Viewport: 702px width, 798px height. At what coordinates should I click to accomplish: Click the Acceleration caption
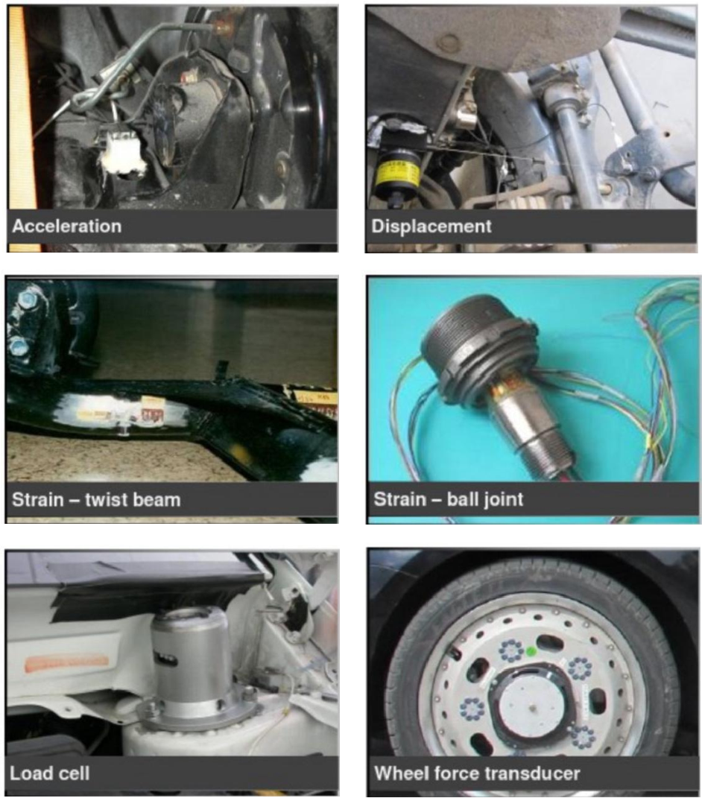click(x=66, y=226)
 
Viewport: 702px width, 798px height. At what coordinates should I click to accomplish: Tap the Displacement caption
click(x=431, y=226)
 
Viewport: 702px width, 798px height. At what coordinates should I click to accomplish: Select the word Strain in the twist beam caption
click(x=37, y=499)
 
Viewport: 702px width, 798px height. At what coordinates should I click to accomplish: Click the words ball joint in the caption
click(x=484, y=499)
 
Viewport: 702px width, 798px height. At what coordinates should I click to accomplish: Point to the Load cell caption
click(x=50, y=773)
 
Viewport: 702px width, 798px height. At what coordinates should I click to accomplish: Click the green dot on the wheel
click(x=531, y=651)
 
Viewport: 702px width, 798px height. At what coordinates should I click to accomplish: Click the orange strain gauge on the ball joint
click(x=504, y=390)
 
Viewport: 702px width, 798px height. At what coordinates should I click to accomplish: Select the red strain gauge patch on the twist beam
click(x=152, y=417)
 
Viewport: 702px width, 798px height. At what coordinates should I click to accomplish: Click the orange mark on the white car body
click(x=66, y=662)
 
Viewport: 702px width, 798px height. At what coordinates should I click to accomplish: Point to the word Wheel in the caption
click(x=399, y=773)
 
